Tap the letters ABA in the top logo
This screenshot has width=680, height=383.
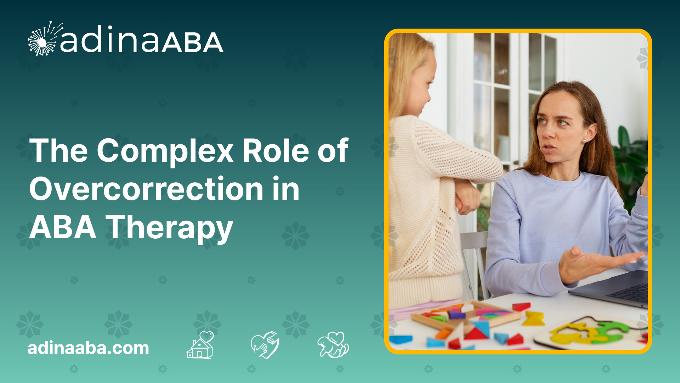pyautogui.click(x=193, y=43)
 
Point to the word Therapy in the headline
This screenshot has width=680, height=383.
pyautogui.click(x=170, y=228)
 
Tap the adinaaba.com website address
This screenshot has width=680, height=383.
pyautogui.click(x=89, y=348)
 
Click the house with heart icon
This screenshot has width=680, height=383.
pyautogui.click(x=200, y=345)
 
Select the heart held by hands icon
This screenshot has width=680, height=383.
pyautogui.click(x=265, y=345)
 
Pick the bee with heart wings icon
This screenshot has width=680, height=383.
pyautogui.click(x=333, y=345)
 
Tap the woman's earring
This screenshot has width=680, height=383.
pyautogui.click(x=584, y=141)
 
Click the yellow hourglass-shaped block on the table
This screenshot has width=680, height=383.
pyautogui.click(x=533, y=318)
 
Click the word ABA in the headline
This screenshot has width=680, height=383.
pyautogui.click(x=63, y=228)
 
